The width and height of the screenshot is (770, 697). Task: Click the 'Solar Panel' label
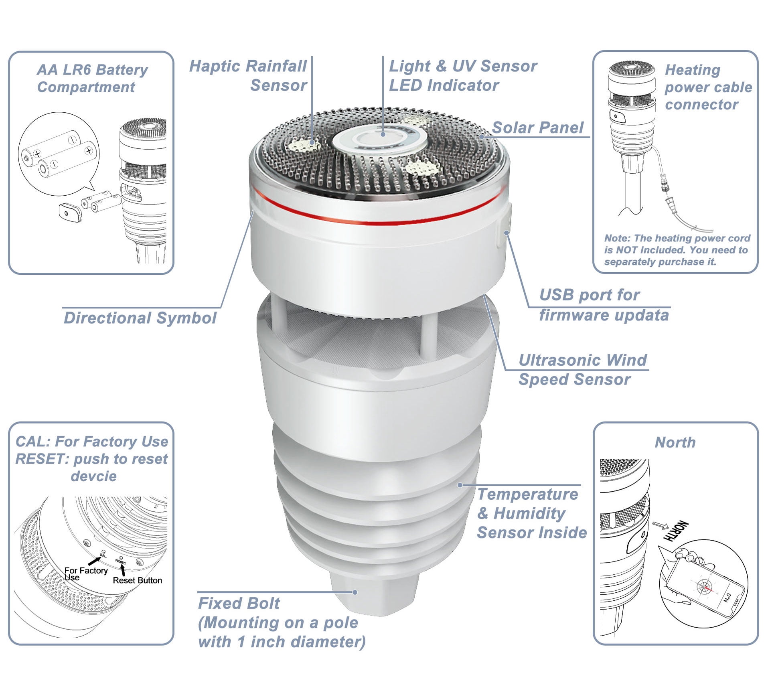537,128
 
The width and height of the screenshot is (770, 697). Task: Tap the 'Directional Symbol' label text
140,318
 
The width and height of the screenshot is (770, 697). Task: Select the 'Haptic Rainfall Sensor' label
248,76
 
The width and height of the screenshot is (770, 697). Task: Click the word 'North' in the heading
675,442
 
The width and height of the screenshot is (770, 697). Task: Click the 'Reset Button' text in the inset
137,580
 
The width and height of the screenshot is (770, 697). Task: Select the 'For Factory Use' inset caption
86,574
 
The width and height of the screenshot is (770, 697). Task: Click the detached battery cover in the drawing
71,212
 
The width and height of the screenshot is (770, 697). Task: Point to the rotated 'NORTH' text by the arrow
676,531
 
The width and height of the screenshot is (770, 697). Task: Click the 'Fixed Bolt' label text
239,603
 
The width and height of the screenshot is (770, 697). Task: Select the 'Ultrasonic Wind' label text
583,360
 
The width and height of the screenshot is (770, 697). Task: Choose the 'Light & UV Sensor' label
463,66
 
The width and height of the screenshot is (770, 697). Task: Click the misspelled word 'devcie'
94,476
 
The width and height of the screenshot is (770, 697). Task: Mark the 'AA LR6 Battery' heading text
92,70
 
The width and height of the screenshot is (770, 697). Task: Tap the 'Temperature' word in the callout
527,494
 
